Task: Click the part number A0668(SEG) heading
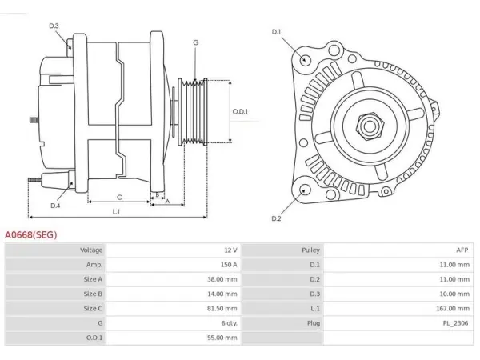(31, 235)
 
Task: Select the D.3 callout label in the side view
(54, 26)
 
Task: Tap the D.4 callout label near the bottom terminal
(55, 206)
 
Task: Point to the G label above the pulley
(196, 42)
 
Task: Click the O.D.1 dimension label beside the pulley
(240, 111)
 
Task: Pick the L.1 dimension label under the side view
(116, 211)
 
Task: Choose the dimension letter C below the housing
(119, 198)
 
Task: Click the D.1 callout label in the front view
(276, 31)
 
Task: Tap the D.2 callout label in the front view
(276, 218)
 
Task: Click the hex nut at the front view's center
(370, 126)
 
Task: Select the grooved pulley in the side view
(193, 112)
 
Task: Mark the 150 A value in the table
(229, 265)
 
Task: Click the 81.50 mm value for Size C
(222, 309)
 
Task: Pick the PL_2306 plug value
(455, 323)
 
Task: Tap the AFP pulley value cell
(462, 250)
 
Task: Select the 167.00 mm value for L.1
(453, 309)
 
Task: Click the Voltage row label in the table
(91, 250)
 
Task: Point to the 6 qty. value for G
(230, 323)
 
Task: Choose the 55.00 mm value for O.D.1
(222, 338)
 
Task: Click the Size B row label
(93, 294)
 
